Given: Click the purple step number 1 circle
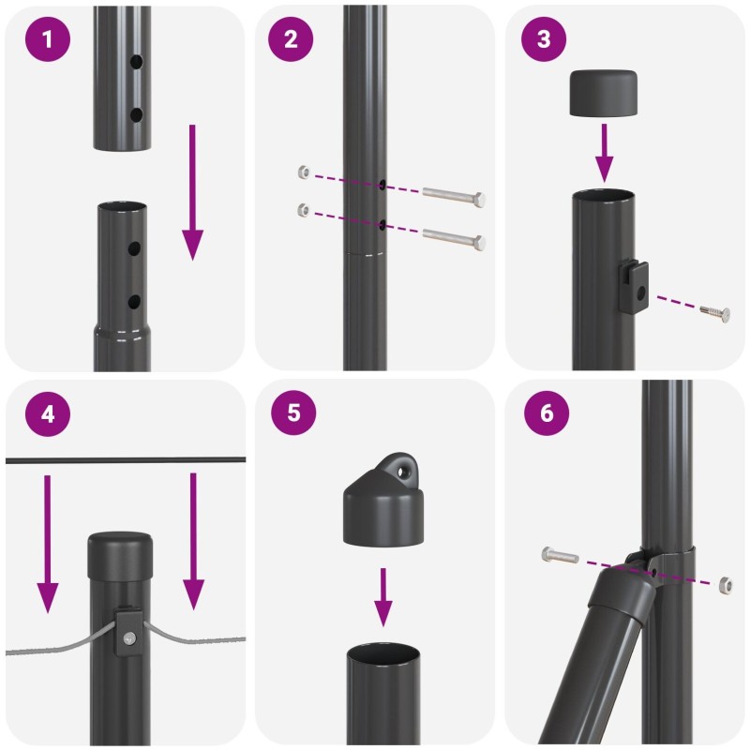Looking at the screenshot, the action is tap(48, 38).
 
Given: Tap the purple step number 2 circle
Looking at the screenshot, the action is tap(291, 38).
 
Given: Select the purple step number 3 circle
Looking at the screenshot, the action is tap(544, 38).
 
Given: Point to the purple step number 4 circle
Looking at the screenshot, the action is tap(48, 413).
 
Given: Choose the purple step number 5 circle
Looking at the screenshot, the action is tap(293, 412).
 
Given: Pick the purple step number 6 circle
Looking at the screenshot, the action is tap(547, 412).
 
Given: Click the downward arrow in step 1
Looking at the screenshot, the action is tap(193, 192).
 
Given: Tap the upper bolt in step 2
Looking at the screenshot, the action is tap(454, 196).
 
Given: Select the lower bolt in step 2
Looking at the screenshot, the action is tap(454, 238).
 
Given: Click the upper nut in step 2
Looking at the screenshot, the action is tap(304, 172).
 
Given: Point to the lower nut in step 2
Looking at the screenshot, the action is tap(304, 209).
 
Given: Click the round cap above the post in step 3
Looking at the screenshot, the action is tap(604, 93).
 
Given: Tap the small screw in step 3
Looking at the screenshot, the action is tap(715, 313).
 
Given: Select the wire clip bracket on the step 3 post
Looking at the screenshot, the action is tap(634, 287).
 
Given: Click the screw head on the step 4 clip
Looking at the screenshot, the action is tap(129, 637).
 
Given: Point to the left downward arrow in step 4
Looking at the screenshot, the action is tap(48, 544).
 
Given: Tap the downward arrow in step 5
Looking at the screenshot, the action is tap(383, 597).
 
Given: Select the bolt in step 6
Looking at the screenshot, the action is tap(560, 555).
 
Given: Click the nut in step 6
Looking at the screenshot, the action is tap(725, 585).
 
